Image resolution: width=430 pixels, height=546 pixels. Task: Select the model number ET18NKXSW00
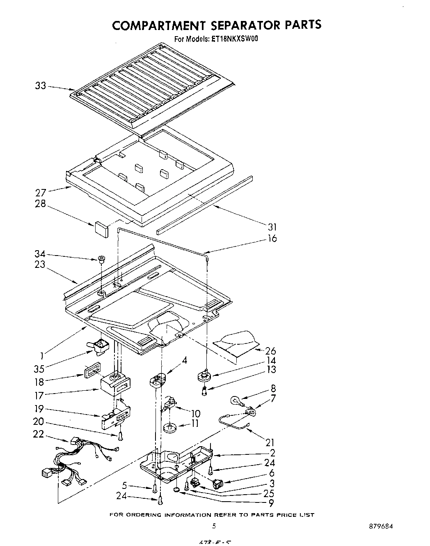pyautogui.click(x=235, y=39)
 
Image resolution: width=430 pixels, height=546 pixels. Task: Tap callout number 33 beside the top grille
pyautogui.click(x=40, y=86)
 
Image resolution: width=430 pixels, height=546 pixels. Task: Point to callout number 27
pyautogui.click(x=41, y=191)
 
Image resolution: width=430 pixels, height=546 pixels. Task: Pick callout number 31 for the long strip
pyautogui.click(x=272, y=226)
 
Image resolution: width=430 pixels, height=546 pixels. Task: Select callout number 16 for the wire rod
pyautogui.click(x=272, y=238)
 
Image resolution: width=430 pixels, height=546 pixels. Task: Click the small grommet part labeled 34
pyautogui.click(x=100, y=259)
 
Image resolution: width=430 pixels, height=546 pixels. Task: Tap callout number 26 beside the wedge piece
pyautogui.click(x=270, y=351)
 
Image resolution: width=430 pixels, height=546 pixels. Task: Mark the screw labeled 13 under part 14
pyautogui.click(x=204, y=391)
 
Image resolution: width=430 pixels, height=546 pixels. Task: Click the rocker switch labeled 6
pyautogui.click(x=219, y=484)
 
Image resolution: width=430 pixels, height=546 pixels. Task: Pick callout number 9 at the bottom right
pyautogui.click(x=271, y=502)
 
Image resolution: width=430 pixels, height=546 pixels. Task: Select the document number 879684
pyautogui.click(x=381, y=526)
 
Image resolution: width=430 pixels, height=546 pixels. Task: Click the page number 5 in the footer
pyautogui.click(x=214, y=526)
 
